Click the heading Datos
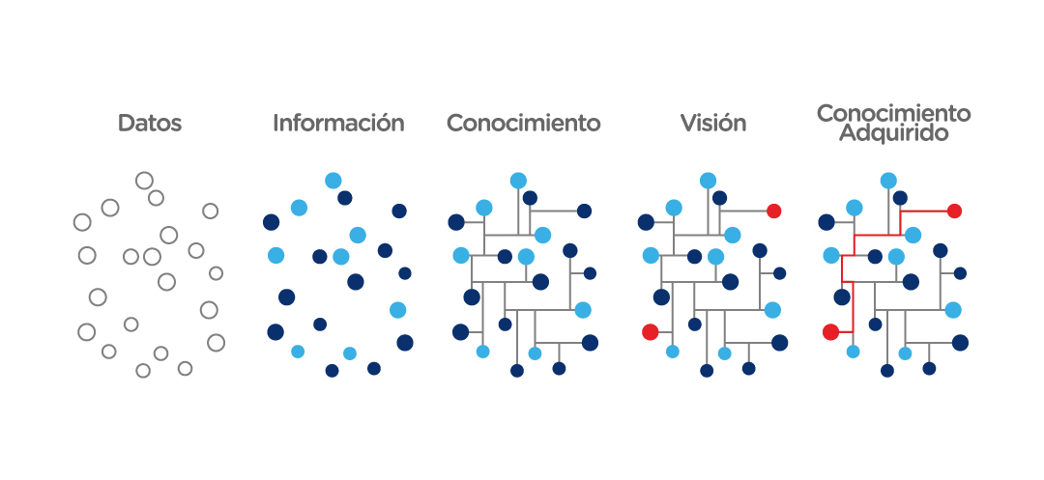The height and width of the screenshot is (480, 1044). tap(150, 124)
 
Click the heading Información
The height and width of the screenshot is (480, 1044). tap(338, 124)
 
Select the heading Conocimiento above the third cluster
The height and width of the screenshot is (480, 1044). tap(523, 124)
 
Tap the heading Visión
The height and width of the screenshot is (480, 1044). tap(712, 124)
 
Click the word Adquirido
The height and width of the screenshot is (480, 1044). tap(893, 133)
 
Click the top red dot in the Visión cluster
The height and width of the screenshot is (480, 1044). tap(773, 211)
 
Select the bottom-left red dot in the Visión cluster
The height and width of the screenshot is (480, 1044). tap(650, 332)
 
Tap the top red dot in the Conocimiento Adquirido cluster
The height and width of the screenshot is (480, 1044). tap(954, 211)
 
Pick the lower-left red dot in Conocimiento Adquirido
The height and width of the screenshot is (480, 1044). tap(830, 332)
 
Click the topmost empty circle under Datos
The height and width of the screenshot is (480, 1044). tap(144, 180)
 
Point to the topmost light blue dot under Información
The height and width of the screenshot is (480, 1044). tap(333, 180)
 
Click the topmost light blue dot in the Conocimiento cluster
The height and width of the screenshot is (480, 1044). tap(518, 180)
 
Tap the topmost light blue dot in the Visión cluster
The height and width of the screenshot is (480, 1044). tap(708, 180)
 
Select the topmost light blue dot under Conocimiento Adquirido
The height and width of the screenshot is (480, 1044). tap(888, 180)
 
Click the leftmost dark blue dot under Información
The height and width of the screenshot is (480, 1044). tap(272, 222)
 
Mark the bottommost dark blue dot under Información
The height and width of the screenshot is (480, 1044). tap(332, 370)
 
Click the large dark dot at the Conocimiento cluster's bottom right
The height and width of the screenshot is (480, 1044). tap(590, 343)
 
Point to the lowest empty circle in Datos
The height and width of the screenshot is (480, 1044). tap(143, 370)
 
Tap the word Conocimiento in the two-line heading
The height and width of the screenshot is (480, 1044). tap(893, 113)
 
